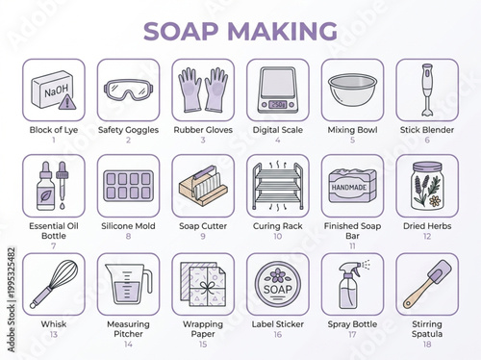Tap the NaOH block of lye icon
pos(51,88)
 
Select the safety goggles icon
pos(127,89)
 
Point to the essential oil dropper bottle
pos(424,89)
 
